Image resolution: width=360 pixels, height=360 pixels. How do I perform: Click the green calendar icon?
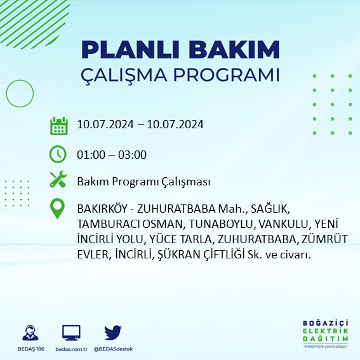click(58, 125)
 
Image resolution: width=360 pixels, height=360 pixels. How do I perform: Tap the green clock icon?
click(58, 154)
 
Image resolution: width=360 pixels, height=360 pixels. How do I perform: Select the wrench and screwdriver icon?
click(58, 180)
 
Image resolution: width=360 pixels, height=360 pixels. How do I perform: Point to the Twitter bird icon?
click(113, 332)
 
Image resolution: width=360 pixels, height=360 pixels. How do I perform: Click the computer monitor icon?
click(71, 332)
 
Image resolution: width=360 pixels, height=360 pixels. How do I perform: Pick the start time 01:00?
click(90, 154)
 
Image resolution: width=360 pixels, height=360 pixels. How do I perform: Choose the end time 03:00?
click(133, 154)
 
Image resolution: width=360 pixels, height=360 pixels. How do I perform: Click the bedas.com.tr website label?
click(71, 349)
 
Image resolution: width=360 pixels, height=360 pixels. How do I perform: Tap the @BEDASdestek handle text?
click(114, 349)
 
